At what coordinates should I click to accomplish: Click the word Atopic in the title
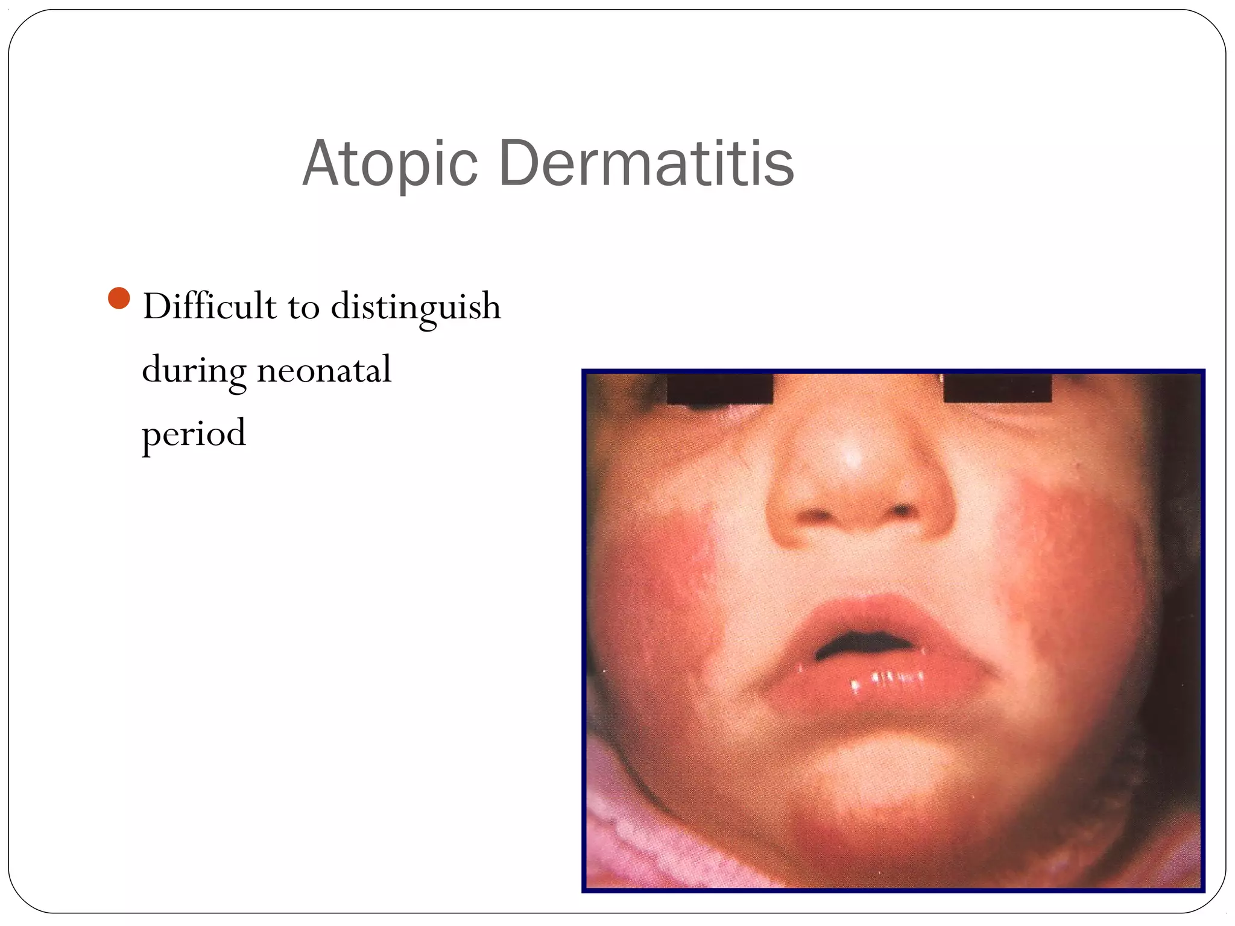390,164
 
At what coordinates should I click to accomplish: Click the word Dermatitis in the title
646,163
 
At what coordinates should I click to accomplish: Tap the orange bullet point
119,298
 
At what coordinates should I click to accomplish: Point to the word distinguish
415,307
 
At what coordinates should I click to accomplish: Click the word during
194,370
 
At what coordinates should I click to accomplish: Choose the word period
194,434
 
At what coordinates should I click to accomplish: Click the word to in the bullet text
303,307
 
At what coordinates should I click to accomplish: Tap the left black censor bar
720,389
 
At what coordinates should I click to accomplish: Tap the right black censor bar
997,388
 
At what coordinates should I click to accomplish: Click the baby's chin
874,778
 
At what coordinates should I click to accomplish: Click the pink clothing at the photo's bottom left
627,844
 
